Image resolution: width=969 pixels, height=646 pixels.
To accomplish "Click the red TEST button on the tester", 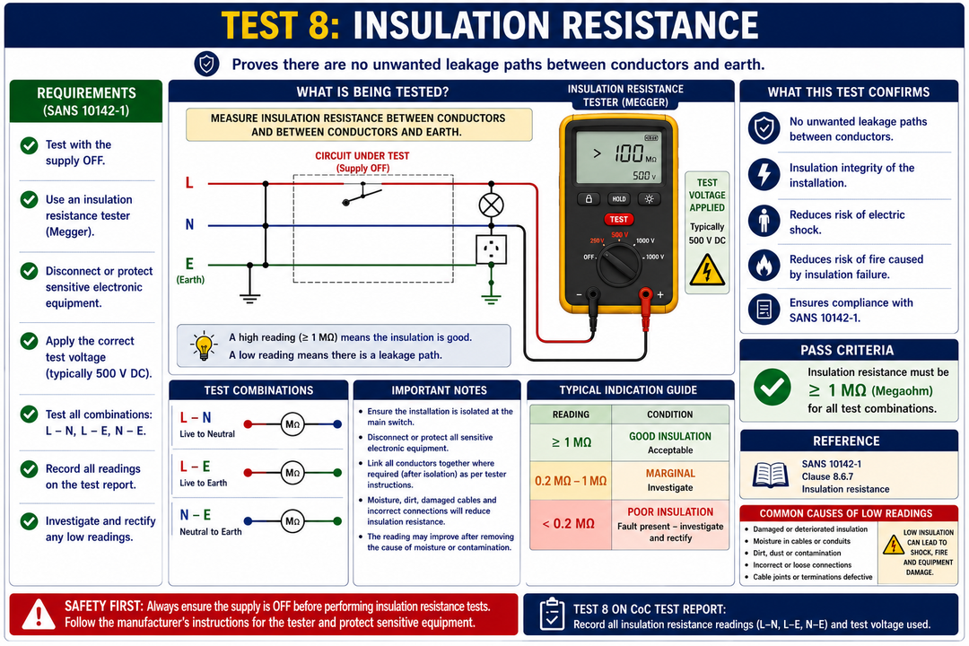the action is (618, 220).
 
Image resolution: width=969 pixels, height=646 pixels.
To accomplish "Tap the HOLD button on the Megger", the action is (618, 199).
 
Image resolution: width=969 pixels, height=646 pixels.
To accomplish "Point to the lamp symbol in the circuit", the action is (492, 205).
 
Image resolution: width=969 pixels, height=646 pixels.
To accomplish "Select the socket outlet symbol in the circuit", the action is (492, 249).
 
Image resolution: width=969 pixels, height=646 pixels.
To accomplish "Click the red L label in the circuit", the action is (189, 183).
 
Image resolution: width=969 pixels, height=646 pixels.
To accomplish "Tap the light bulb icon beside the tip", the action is (204, 346).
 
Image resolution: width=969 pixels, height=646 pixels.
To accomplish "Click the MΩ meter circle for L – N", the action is (292, 424).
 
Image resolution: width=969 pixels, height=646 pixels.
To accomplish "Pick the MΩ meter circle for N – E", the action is (292, 521).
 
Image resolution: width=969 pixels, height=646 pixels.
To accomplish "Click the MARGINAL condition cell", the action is (670, 480).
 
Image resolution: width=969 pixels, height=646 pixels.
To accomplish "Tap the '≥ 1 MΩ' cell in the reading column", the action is (571, 442).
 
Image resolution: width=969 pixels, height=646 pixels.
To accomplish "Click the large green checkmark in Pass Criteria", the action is (772, 388).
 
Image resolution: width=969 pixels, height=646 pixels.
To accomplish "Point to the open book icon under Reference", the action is (770, 476).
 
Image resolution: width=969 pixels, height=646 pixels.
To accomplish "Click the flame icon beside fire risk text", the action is (764, 266).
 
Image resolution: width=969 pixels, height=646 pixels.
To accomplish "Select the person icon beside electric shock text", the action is (764, 220).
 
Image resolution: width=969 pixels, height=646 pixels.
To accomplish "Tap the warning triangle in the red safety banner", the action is (39, 615).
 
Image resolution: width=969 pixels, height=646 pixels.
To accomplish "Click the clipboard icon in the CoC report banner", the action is (551, 614).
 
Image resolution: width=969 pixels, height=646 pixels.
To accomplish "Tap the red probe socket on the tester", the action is (645, 294).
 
